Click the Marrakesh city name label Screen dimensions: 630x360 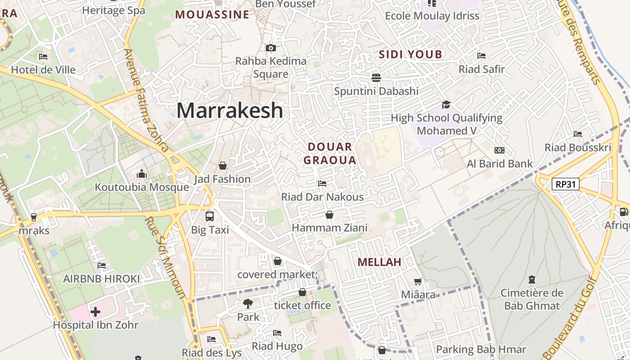229,111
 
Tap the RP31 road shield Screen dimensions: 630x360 566,184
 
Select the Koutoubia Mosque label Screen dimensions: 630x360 142,187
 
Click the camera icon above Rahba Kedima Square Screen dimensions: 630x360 271,48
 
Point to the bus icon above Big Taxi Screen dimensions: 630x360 210,216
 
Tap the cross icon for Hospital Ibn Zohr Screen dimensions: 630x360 95,311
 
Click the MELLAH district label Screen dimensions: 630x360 379,262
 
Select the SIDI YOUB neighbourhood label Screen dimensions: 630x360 410,54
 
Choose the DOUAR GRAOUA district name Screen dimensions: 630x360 330,153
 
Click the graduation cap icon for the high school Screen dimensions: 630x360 446,105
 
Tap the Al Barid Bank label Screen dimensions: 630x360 499,164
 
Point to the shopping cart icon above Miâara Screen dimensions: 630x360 418,282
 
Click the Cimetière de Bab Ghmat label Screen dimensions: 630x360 532,300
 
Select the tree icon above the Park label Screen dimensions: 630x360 247,303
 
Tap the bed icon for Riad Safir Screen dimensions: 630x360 481,56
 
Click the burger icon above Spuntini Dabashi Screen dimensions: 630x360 376,77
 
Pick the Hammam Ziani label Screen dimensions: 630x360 329,228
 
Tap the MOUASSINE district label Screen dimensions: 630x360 212,14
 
